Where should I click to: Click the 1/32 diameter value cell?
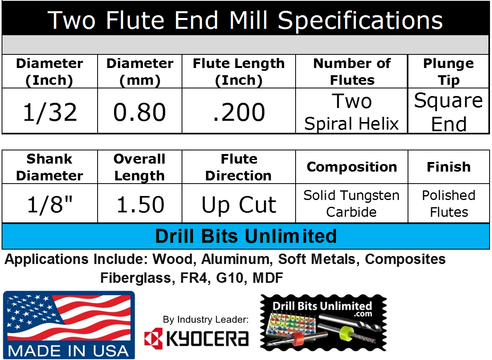tap(50, 112)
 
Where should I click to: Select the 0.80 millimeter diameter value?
tap(140, 112)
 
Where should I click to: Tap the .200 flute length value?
tap(239, 112)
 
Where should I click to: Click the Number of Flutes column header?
tap(352, 72)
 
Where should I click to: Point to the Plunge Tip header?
tap(448, 72)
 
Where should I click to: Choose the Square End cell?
tap(448, 112)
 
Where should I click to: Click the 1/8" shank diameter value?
tap(50, 204)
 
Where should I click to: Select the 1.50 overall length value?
tap(140, 204)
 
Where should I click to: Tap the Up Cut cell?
tap(239, 204)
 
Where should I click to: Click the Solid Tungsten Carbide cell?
tap(352, 204)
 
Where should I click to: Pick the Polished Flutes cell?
tap(448, 204)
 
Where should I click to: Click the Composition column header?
tap(352, 167)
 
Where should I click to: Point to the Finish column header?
tap(448, 167)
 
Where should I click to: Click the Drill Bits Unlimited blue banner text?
tap(246, 236)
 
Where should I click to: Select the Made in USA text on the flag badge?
tap(68, 350)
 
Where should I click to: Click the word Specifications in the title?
tap(360, 20)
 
